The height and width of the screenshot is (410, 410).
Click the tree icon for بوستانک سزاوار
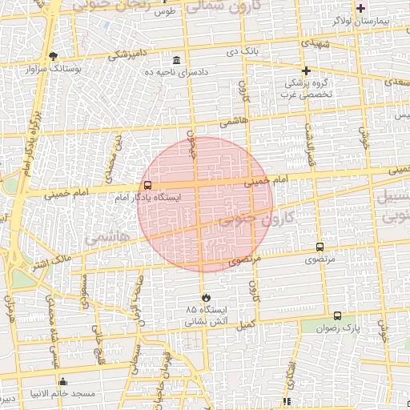(54, 56)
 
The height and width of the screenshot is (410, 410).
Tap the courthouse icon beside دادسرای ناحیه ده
(177, 60)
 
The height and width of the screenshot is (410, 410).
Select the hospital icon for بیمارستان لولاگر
(361, 7)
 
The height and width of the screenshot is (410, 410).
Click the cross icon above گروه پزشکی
(306, 70)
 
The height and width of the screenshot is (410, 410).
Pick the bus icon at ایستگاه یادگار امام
(147, 185)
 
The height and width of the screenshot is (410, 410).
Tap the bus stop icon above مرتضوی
(320, 247)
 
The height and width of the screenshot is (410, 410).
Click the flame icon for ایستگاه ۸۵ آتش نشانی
(207, 297)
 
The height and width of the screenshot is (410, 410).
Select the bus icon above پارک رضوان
(337, 316)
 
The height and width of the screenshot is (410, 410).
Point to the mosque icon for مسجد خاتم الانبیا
(62, 381)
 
